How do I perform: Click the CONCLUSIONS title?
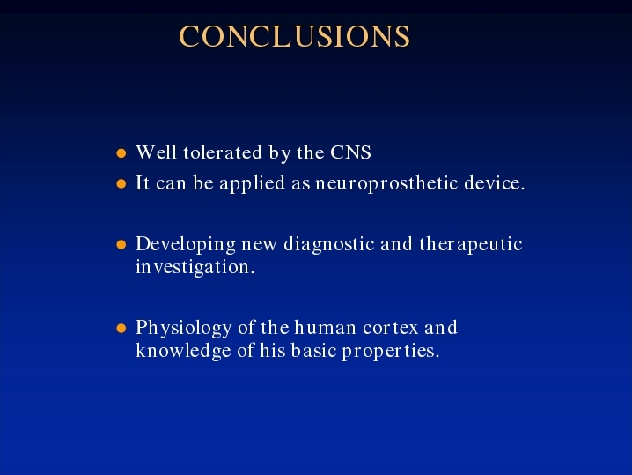tap(295, 36)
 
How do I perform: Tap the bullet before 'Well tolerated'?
tap(121, 153)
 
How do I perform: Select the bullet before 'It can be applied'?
tap(121, 184)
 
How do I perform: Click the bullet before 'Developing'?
tap(121, 245)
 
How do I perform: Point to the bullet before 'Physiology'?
tap(121, 328)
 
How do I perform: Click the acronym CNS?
tap(350, 152)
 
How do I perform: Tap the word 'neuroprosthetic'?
tap(386, 184)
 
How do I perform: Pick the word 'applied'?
tap(252, 184)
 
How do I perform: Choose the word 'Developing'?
tap(186, 245)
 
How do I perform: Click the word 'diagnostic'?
tap(329, 245)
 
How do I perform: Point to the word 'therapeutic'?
tap(471, 245)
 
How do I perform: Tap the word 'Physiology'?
tap(183, 329)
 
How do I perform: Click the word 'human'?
tap(326, 328)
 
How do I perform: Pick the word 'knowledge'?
tap(183, 351)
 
